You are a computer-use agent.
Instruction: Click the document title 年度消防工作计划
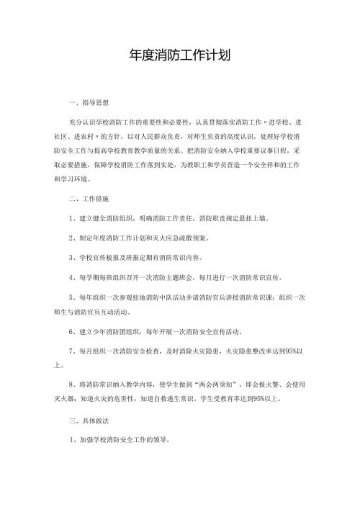click(179, 55)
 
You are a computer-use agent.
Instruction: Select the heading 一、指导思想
click(89, 104)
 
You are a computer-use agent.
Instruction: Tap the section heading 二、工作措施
click(89, 198)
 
